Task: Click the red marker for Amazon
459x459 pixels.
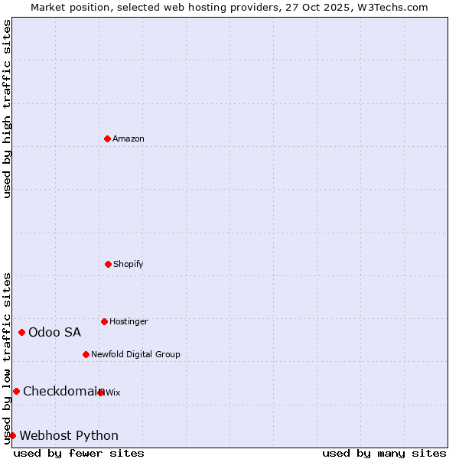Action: point(107,138)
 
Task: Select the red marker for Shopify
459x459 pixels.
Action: point(108,264)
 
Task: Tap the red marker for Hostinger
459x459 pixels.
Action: point(104,321)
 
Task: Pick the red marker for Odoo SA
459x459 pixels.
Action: point(21,332)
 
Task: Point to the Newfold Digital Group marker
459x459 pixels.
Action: point(86,354)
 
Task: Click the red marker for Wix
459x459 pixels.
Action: point(101,392)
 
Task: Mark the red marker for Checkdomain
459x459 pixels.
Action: point(16,391)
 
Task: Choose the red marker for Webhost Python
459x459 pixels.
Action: point(12,435)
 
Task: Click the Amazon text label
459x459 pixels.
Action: point(129,138)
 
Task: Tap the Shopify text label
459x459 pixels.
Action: point(129,264)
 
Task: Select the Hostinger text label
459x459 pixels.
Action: point(129,321)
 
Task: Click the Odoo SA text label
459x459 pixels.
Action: point(54,332)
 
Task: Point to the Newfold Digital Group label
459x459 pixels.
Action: point(135,354)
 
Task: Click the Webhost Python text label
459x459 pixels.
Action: point(69,435)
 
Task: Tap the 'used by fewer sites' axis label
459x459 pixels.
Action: point(79,453)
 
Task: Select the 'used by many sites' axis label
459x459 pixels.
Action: point(384,453)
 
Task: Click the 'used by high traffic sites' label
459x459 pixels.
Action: point(7,109)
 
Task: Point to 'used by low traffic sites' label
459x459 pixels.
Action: point(7,358)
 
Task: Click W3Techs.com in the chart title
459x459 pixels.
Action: point(389,7)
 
